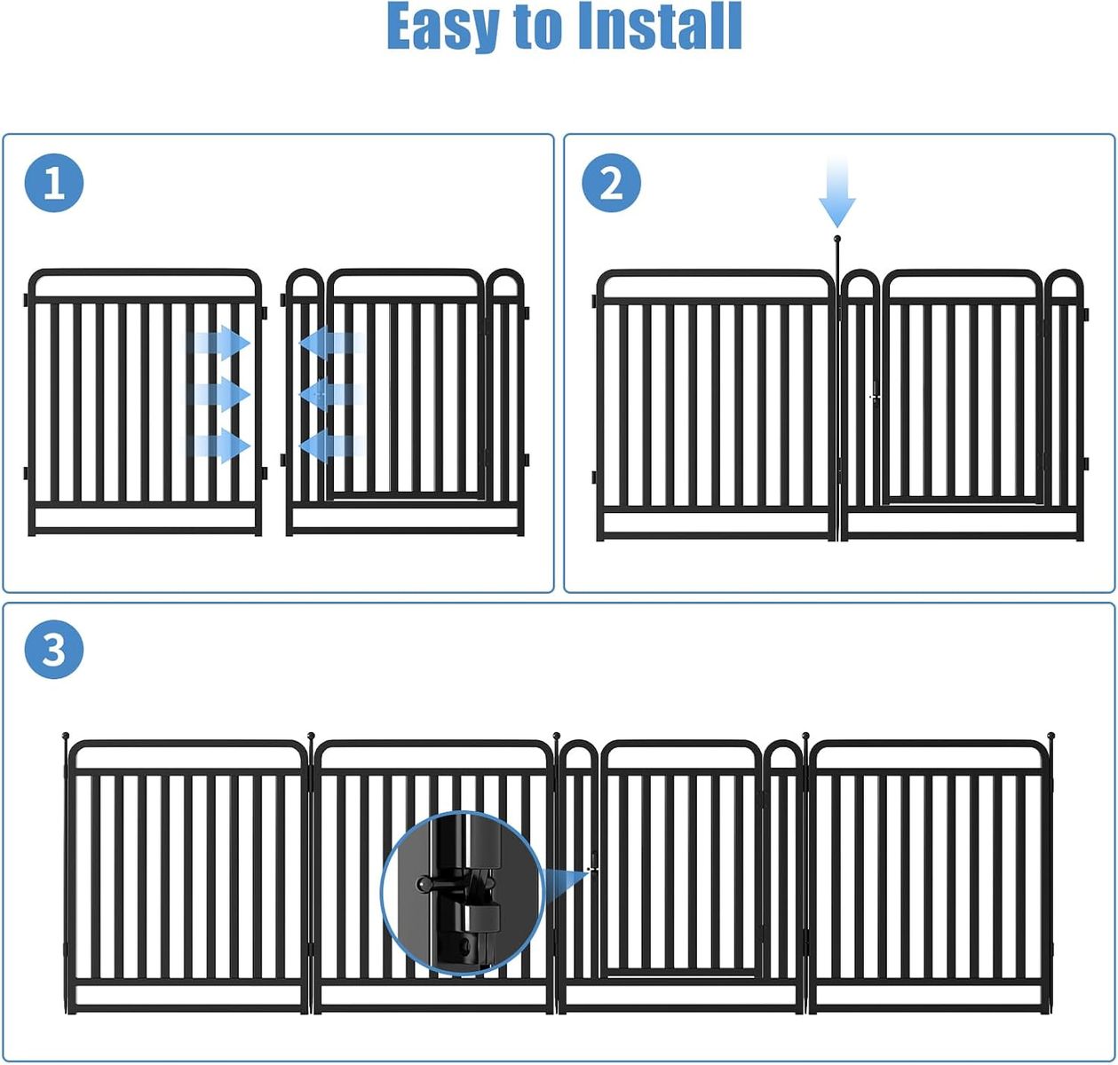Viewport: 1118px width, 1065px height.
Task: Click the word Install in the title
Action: pos(660,26)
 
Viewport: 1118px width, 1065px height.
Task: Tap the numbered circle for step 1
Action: pos(54,183)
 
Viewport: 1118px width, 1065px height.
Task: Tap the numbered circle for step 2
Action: pos(611,183)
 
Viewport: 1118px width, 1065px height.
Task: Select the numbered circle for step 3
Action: pos(54,649)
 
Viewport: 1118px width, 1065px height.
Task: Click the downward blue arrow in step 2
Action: pos(837,193)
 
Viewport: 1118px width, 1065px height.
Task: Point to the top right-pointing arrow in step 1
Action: pos(219,343)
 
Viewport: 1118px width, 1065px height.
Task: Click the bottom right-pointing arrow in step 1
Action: pos(219,446)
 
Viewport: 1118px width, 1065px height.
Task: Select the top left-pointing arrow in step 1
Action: pos(332,343)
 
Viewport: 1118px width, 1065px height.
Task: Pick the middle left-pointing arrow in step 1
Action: pos(332,394)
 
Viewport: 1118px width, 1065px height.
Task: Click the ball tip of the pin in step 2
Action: pos(837,239)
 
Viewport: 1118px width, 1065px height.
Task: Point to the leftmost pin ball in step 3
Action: pos(66,736)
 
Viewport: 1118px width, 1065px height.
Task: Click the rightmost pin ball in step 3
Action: pos(1051,736)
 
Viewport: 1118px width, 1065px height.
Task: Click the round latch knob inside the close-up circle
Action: pos(424,884)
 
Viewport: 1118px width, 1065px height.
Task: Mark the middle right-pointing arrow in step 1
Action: pos(219,394)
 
